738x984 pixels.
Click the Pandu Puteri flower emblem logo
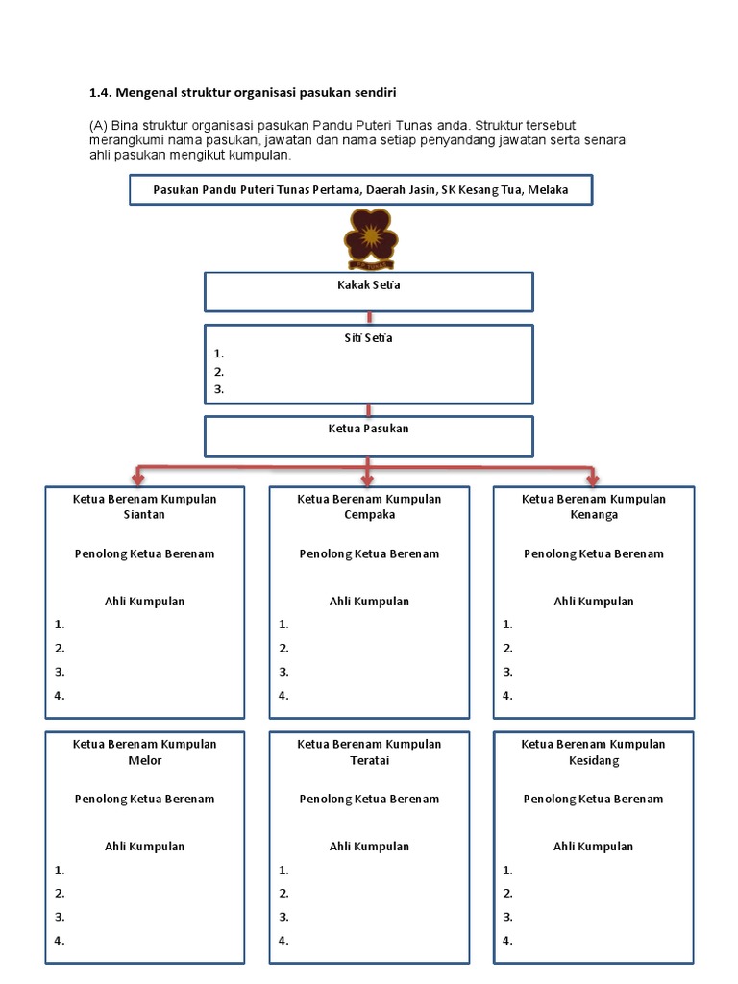pyautogui.click(x=369, y=238)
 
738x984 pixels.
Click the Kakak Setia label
pyautogui.click(x=369, y=286)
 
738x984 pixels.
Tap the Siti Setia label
pyautogui.click(x=369, y=338)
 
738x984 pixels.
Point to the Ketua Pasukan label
pyautogui.click(x=369, y=429)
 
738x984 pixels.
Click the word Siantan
pyautogui.click(x=145, y=514)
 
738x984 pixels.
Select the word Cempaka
pyautogui.click(x=369, y=514)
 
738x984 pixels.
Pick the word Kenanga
pyautogui.click(x=593, y=514)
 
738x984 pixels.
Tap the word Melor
pyautogui.click(x=145, y=760)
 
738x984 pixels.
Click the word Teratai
pyautogui.click(x=369, y=760)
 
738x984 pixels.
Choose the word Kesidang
pyautogui.click(x=593, y=760)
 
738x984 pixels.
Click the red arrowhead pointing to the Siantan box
pyautogui.click(x=140, y=478)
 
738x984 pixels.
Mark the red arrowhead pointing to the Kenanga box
pyautogui.click(x=592, y=478)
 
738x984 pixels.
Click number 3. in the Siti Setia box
pyautogui.click(x=219, y=389)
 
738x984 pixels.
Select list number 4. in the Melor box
pyautogui.click(x=60, y=941)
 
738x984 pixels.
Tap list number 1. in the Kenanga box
pyautogui.click(x=508, y=625)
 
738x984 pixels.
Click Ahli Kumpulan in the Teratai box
pyautogui.click(x=369, y=847)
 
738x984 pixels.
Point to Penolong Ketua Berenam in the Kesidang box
pyautogui.click(x=593, y=799)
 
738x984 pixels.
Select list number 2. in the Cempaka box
pyautogui.click(x=283, y=649)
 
